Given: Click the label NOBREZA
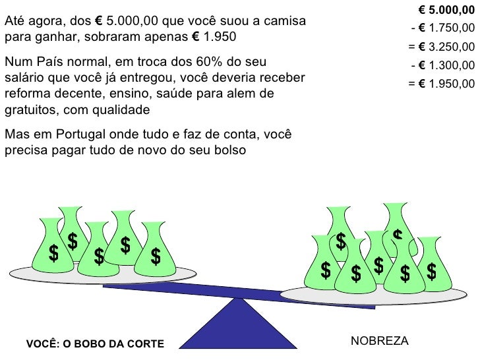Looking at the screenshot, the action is click(x=380, y=340).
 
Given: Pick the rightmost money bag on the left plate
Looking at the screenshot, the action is click(x=156, y=251).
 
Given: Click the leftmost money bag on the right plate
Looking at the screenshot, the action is click(x=326, y=262).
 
